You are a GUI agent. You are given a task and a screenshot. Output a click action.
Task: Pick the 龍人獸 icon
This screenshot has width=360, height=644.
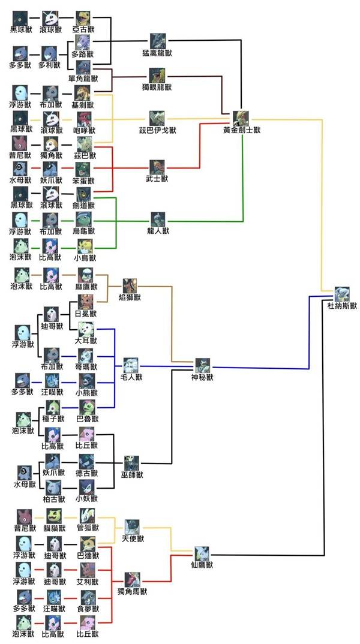point(158,219)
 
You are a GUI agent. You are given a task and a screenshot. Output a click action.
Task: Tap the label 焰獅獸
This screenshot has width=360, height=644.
point(130,297)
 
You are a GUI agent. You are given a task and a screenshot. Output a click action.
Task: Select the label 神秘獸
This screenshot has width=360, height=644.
point(202,377)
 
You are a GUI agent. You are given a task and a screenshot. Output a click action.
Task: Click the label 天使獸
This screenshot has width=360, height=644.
point(133,538)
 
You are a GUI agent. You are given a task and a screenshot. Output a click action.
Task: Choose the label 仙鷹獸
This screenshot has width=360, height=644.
point(202,565)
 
